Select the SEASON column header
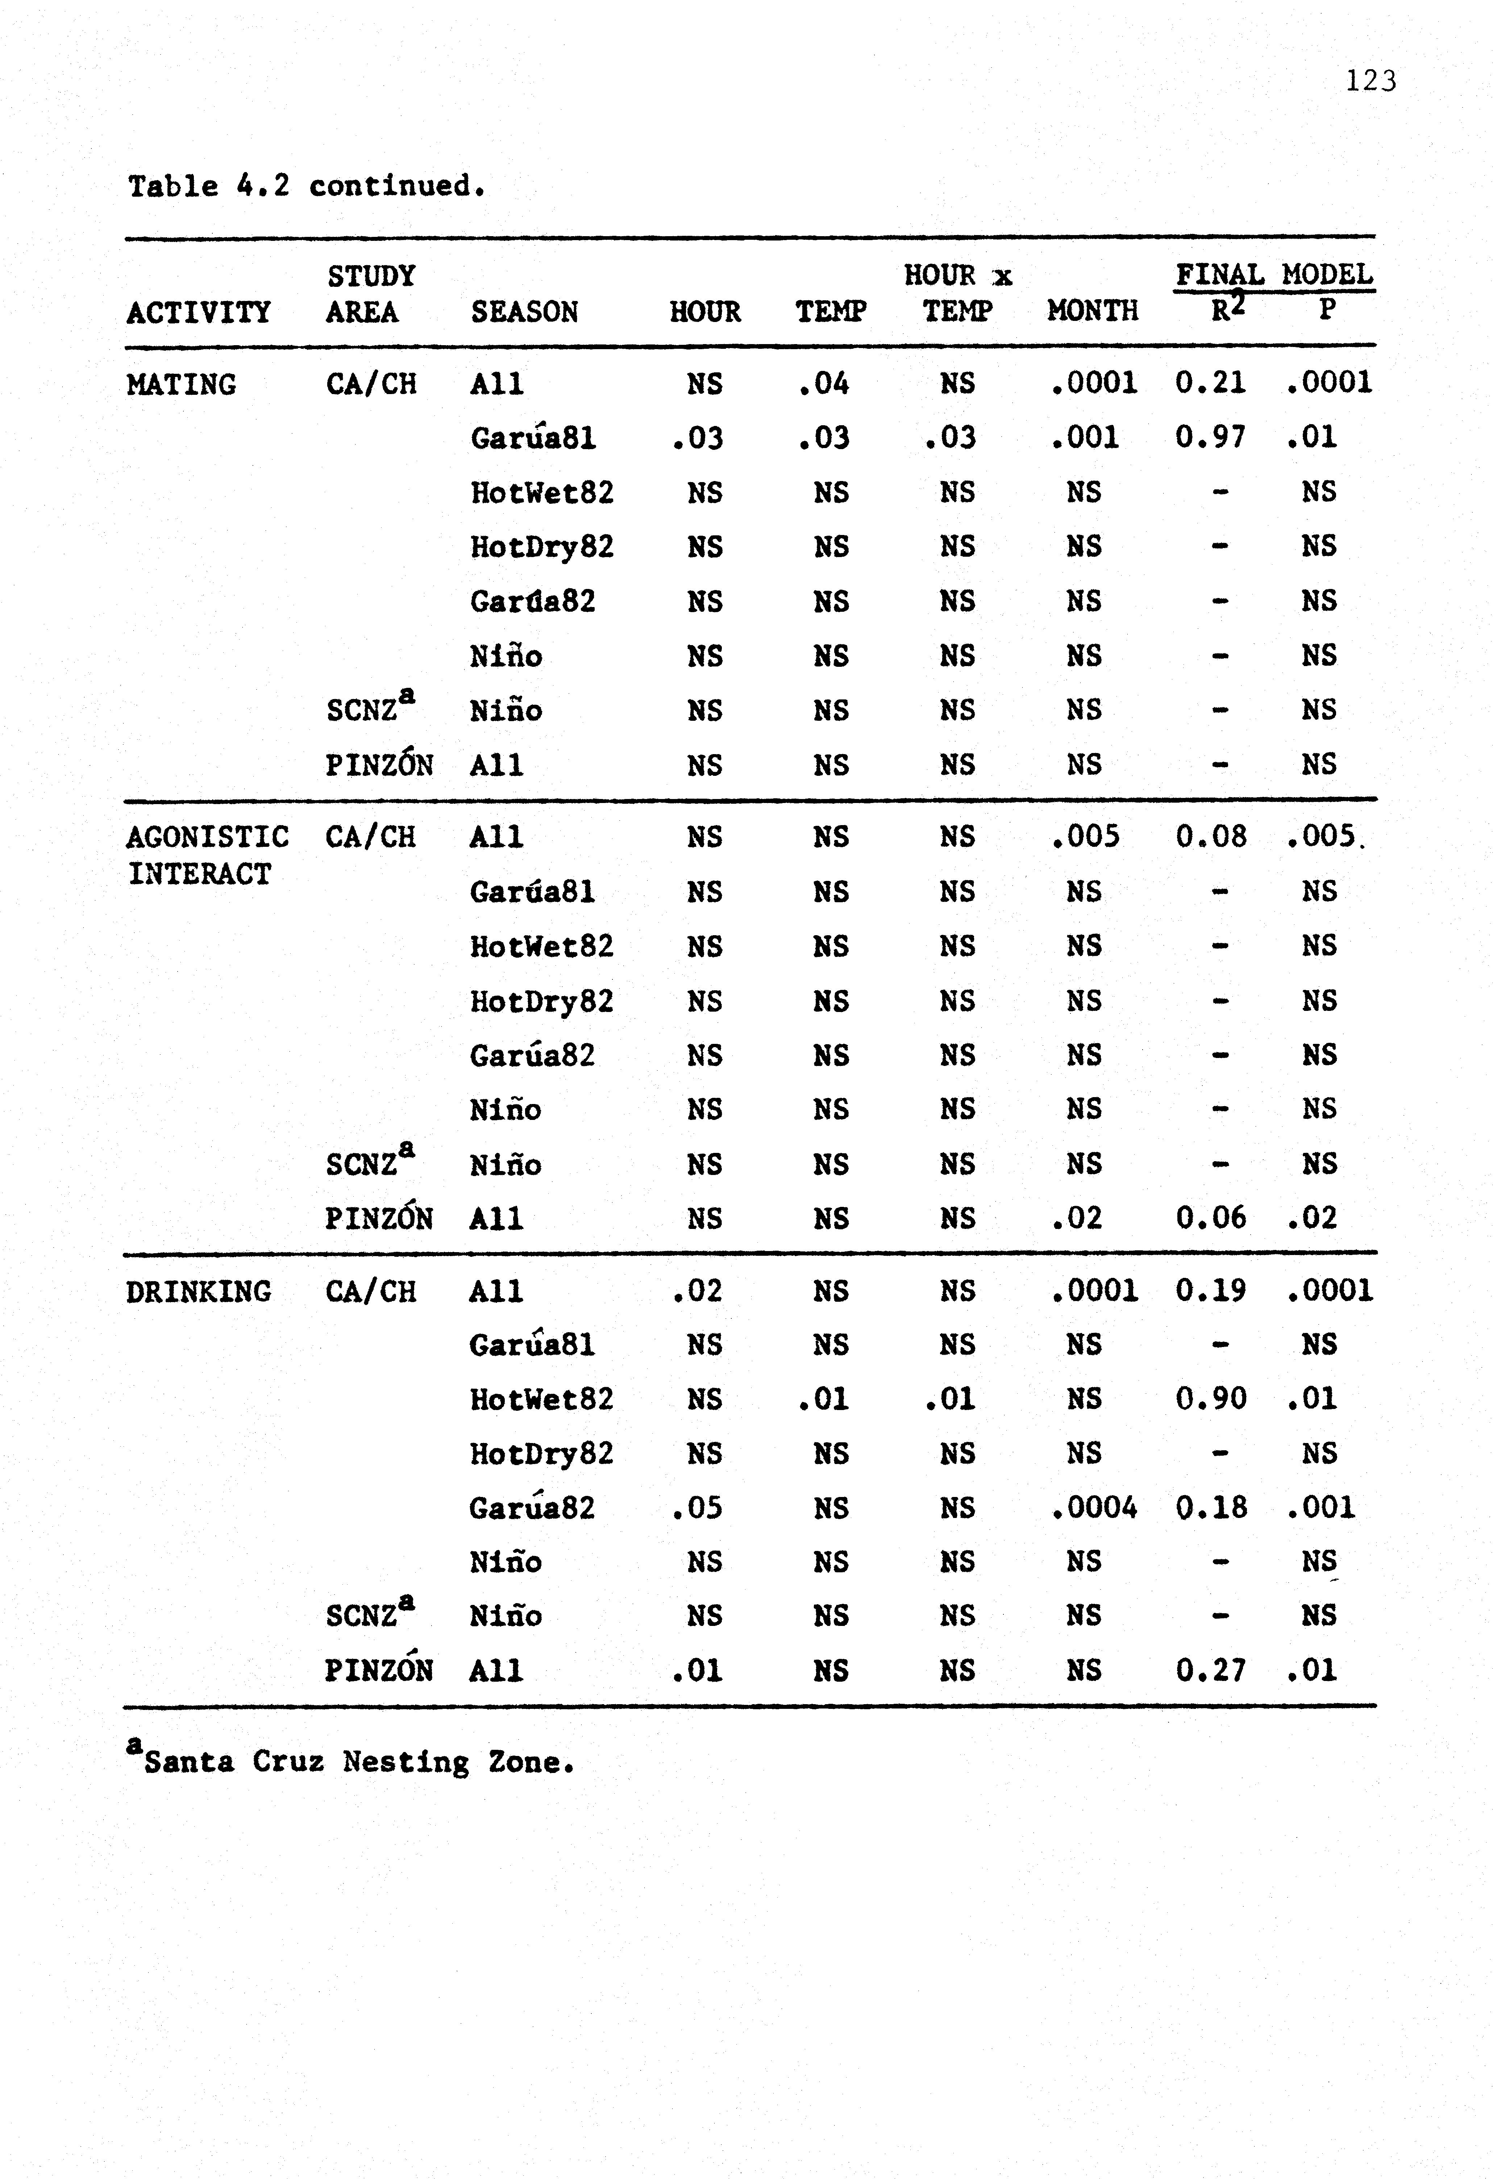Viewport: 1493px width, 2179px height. pyautogui.click(x=524, y=311)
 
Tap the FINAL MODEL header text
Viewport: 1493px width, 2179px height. pyautogui.click(x=1273, y=275)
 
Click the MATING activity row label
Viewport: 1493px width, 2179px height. pyautogui.click(x=181, y=384)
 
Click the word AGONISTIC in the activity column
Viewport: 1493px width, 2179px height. pyautogui.click(x=207, y=836)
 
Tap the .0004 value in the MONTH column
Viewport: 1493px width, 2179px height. pyautogui.click(x=1094, y=1508)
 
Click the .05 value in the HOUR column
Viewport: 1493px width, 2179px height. pyautogui.click(x=698, y=1508)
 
